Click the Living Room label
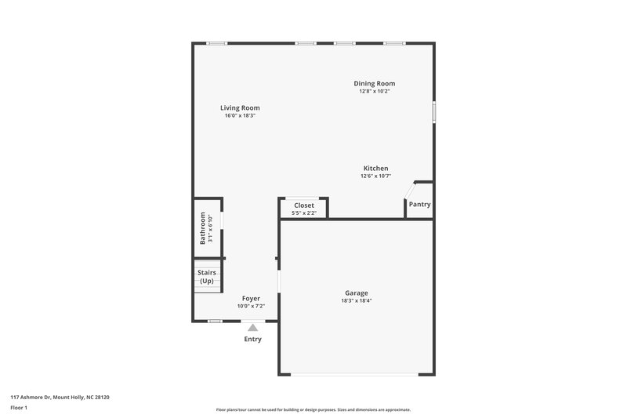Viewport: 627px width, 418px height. click(x=240, y=107)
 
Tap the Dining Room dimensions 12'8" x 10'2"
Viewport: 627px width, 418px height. click(x=374, y=92)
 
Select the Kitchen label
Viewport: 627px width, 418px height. click(x=375, y=169)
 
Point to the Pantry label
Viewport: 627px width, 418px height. click(x=419, y=205)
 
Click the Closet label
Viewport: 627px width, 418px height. click(x=303, y=205)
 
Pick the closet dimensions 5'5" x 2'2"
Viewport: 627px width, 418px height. click(x=303, y=213)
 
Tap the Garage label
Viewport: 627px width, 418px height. click(x=356, y=293)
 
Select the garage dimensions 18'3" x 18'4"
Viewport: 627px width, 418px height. click(x=356, y=300)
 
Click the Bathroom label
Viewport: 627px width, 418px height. click(x=203, y=228)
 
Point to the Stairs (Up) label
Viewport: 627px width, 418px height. click(x=207, y=277)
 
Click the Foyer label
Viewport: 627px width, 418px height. click(x=251, y=299)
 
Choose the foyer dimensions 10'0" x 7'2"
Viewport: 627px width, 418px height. click(x=251, y=306)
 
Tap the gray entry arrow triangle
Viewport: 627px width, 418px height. click(x=252, y=327)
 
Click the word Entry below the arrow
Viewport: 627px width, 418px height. click(x=252, y=340)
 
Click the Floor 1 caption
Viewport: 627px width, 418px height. click(x=20, y=409)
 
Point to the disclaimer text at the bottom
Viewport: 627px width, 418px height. click(x=313, y=409)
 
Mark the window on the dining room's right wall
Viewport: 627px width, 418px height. click(x=434, y=111)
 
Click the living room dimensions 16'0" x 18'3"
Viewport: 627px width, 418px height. click(x=240, y=115)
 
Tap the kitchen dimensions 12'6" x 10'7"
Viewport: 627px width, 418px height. click(x=375, y=176)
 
